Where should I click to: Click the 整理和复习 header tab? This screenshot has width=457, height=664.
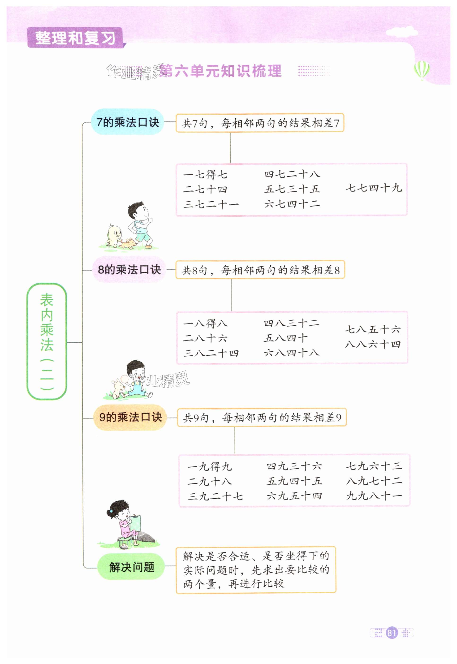tap(75, 38)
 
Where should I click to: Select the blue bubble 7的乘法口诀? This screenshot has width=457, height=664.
tap(127, 122)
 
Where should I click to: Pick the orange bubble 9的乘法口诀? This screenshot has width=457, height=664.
tap(130, 417)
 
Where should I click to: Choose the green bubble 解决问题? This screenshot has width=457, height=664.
tap(131, 567)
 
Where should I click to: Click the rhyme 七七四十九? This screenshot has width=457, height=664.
tap(373, 188)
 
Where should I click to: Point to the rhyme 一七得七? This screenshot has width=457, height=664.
tap(205, 174)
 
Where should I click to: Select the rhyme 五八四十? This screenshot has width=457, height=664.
tap(285, 338)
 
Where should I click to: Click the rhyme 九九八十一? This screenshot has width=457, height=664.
tap(374, 496)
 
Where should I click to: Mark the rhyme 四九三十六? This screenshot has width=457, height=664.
tap(294, 466)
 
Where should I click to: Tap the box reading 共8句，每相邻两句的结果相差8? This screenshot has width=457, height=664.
tap(260, 270)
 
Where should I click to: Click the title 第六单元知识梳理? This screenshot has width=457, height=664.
tap(220, 71)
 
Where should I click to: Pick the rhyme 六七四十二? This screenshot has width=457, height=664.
tap(292, 204)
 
